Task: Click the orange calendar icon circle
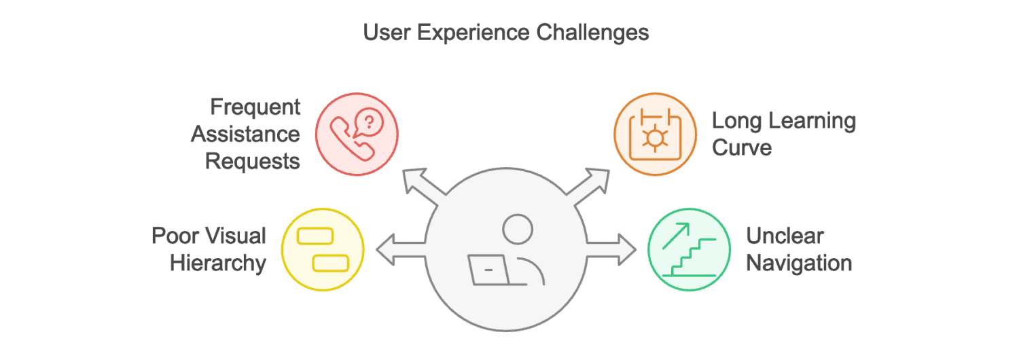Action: pyautogui.click(x=655, y=133)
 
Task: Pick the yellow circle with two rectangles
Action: pyautogui.click(x=323, y=249)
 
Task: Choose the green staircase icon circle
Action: pyautogui.click(x=690, y=249)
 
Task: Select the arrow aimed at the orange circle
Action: pyautogui.click(x=591, y=183)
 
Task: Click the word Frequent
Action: pyautogui.click(x=255, y=107)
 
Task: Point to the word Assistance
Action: pyautogui.click(x=245, y=134)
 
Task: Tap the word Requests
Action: pyautogui.click(x=253, y=161)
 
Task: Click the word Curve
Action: pyautogui.click(x=742, y=147)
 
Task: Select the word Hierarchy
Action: pyautogui.click(x=217, y=263)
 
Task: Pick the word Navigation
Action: pyautogui.click(x=799, y=263)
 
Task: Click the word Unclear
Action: pyautogui.click(x=785, y=236)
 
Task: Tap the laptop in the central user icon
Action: pyautogui.click(x=488, y=270)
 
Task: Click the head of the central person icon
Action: pyautogui.click(x=518, y=228)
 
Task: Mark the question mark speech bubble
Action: pyautogui.click(x=369, y=122)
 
